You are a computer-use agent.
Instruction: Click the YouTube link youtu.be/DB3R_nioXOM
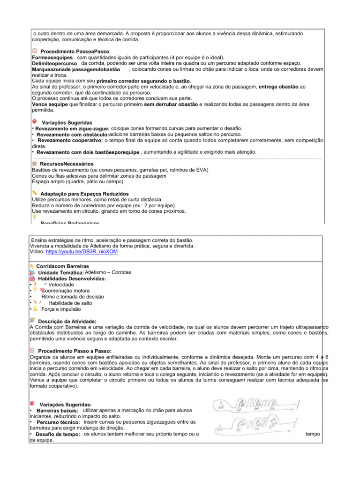click(x=82, y=252)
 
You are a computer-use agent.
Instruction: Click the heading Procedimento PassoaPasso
click(x=75, y=51)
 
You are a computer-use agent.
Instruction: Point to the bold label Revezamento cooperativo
click(x=70, y=140)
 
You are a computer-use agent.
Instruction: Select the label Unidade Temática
click(x=61, y=273)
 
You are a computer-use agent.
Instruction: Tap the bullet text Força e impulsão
click(x=61, y=309)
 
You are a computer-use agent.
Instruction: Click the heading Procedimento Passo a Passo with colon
click(x=75, y=351)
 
